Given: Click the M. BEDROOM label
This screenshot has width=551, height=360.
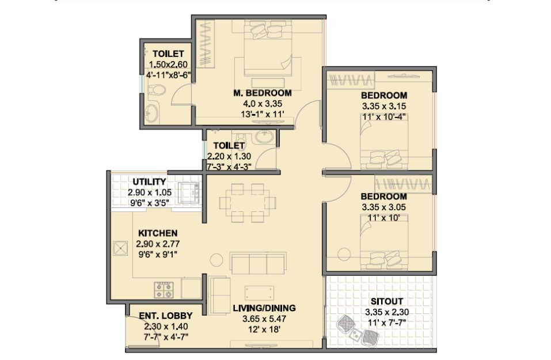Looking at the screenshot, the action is pyautogui.click(x=263, y=93).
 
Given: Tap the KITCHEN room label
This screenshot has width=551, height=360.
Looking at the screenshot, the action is pyautogui.click(x=158, y=233).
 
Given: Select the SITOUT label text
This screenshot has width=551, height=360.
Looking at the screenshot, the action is pyautogui.click(x=387, y=302).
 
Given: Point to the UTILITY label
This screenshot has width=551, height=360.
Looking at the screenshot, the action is pyautogui.click(x=149, y=182).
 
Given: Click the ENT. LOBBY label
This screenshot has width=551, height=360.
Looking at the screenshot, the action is pyautogui.click(x=166, y=316).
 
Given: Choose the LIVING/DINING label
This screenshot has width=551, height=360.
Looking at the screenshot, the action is pyautogui.click(x=264, y=308).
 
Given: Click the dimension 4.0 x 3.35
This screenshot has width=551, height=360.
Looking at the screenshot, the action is pyautogui.click(x=263, y=104).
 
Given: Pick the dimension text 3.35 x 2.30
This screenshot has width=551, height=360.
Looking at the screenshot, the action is pyautogui.click(x=387, y=312).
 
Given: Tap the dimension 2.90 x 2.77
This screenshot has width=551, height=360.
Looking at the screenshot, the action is pyautogui.click(x=158, y=244).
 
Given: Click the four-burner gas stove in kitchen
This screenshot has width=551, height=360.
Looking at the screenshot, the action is pyautogui.click(x=164, y=290).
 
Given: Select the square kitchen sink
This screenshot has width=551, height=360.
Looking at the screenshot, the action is pyautogui.click(x=120, y=248).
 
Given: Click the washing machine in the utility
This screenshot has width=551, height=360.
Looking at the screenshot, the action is pyautogui.click(x=189, y=193).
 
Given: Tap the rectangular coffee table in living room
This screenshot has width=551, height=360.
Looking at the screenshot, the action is pyautogui.click(x=259, y=293).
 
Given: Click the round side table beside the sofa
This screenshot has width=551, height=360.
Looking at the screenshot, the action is pyautogui.click(x=216, y=260).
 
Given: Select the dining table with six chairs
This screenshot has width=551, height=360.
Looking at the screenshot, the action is pyautogui.click(x=248, y=203).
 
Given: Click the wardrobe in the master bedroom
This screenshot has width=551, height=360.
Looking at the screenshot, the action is pyautogui.click(x=205, y=43).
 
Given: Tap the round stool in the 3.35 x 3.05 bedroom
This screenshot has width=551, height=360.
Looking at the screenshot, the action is pyautogui.click(x=344, y=255).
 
